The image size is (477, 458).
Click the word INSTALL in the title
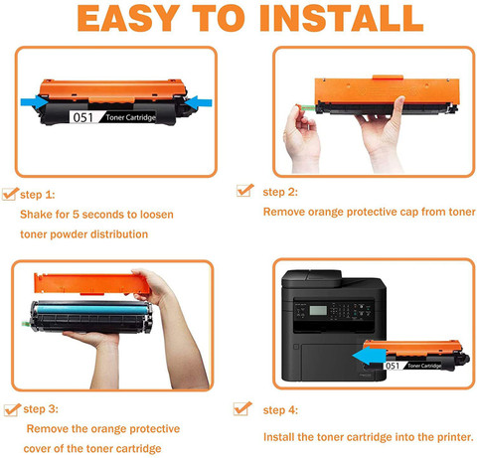point(341,18)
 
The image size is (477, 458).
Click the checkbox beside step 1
point(10,194)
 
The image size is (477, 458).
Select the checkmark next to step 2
point(245,191)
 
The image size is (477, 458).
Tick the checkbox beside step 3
point(12,409)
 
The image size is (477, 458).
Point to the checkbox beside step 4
point(242,408)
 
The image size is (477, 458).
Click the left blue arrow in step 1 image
point(35,102)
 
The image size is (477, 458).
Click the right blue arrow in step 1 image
point(198,102)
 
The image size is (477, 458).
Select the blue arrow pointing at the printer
point(369,357)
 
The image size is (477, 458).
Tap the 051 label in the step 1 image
point(82,117)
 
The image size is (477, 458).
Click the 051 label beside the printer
point(393,366)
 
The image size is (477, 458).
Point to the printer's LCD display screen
point(318,310)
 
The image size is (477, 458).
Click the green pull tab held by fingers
point(306,107)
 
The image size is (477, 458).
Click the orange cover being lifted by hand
point(92,283)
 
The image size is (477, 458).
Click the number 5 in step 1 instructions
point(76,215)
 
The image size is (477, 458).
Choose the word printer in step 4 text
point(455,437)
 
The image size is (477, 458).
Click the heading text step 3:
point(41,409)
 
